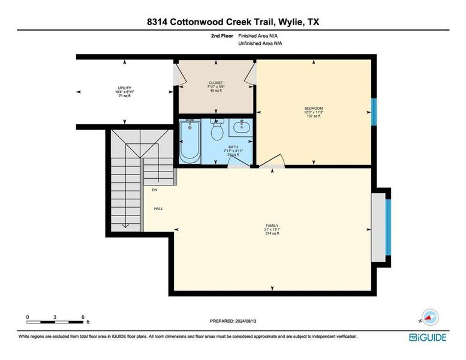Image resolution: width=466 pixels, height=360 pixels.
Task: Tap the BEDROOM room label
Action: tap(313, 109)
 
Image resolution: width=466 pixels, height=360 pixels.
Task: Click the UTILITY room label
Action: tap(125, 88)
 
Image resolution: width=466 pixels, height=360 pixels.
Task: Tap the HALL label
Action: tap(158, 209)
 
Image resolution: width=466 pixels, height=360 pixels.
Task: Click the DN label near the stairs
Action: tap(154, 190)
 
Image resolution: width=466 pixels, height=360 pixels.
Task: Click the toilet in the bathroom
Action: tap(218, 128)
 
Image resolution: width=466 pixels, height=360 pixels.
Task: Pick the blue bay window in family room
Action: tap(388, 227)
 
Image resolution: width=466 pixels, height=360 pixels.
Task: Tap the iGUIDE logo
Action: tap(428, 337)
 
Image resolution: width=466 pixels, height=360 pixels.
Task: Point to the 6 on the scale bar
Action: tap(82, 316)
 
